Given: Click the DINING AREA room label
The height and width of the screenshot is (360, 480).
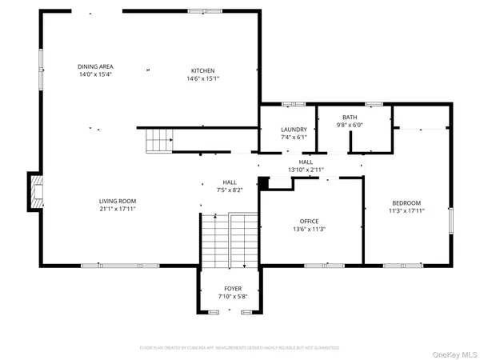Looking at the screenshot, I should (x=94, y=66).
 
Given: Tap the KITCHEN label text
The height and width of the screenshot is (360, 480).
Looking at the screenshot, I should (x=202, y=70).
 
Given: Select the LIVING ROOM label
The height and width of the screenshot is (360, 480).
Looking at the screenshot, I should (x=118, y=201).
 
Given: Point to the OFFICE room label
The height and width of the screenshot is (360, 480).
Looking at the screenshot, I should (x=310, y=221).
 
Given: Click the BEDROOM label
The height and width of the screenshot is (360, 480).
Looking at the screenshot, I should (x=406, y=202).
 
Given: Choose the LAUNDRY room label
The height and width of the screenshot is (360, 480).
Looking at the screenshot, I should (x=294, y=130).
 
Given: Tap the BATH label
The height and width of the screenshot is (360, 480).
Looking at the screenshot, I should (x=350, y=118).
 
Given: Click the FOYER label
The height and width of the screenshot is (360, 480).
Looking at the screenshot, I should (x=233, y=288).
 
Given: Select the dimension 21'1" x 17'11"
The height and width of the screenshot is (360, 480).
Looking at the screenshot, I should (x=118, y=209).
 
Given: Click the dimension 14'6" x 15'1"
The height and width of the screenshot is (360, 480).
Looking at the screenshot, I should (x=202, y=78).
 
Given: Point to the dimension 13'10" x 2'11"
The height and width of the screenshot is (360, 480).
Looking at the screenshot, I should (x=306, y=170).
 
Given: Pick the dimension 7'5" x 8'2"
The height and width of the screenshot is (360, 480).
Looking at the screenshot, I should (x=230, y=190).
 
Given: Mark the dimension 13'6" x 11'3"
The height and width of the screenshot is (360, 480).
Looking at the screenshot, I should (x=310, y=229).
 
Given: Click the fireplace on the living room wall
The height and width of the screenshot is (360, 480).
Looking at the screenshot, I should (x=34, y=191).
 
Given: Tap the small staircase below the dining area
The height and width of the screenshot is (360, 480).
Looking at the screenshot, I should (x=158, y=142).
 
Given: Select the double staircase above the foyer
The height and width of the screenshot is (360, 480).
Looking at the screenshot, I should (x=229, y=240).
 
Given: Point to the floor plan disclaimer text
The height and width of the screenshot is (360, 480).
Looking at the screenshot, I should (x=240, y=347).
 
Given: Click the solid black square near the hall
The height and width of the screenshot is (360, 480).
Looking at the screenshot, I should (x=262, y=182).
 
